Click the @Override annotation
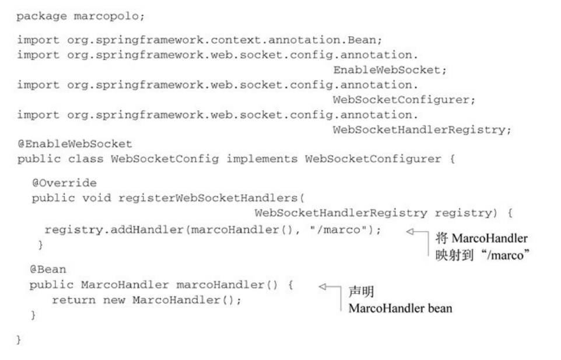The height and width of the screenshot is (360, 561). click(x=64, y=183)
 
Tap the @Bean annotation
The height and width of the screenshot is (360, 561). click(x=48, y=269)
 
